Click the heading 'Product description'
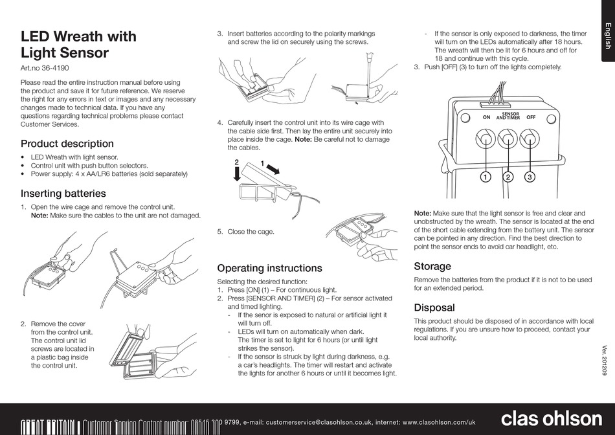[x=67, y=144]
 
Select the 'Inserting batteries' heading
[x=63, y=193]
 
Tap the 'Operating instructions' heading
[x=269, y=268]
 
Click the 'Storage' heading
[x=432, y=266]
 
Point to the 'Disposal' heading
[x=434, y=307]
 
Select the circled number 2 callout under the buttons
[x=508, y=177]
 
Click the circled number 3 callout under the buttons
[x=530, y=177]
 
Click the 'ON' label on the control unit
[x=486, y=118]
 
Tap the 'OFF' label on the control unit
[x=531, y=118]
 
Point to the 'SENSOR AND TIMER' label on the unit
[x=508, y=117]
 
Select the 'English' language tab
[x=607, y=36]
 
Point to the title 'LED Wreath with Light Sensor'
[x=78, y=45]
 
